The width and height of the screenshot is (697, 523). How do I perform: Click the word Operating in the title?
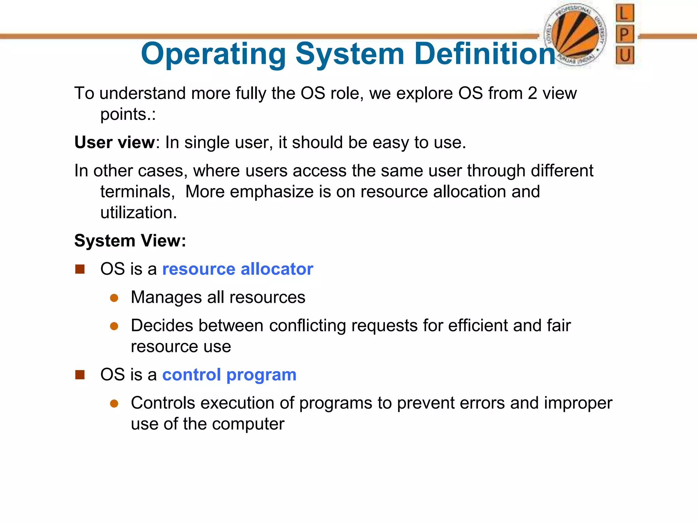(x=213, y=54)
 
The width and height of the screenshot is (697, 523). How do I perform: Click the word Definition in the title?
(x=485, y=54)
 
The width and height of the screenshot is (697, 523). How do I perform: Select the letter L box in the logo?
(x=625, y=13)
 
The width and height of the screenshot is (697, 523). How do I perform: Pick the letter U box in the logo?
(x=625, y=55)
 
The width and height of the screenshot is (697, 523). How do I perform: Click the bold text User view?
(x=114, y=142)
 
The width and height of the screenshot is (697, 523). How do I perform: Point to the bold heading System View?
(x=130, y=241)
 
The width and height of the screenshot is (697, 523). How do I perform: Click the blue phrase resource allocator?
(x=238, y=269)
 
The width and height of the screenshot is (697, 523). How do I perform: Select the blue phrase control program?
(x=229, y=375)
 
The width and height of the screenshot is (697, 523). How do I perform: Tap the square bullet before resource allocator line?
(x=80, y=269)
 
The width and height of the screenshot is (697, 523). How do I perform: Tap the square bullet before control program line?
(x=80, y=375)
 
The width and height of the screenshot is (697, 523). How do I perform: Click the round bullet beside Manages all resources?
(x=114, y=298)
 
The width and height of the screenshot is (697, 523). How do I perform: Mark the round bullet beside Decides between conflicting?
(x=114, y=327)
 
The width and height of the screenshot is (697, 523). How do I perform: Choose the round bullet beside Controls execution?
(x=114, y=404)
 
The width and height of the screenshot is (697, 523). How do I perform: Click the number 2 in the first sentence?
(x=532, y=93)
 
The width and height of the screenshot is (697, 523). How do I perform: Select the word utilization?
(x=138, y=213)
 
